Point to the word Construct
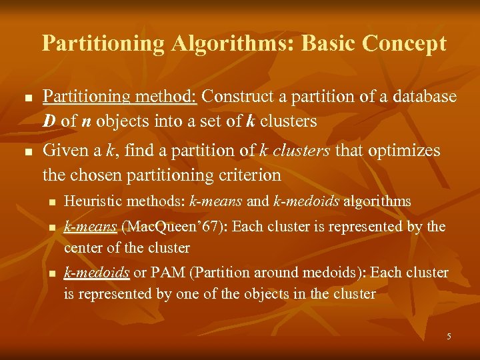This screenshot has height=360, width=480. tap(233, 97)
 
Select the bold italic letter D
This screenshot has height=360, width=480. tap(49, 122)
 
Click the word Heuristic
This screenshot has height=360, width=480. tap(87, 201)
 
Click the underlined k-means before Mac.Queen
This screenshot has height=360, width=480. tap(90, 227)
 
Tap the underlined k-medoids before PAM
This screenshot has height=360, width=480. tap(97, 273)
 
